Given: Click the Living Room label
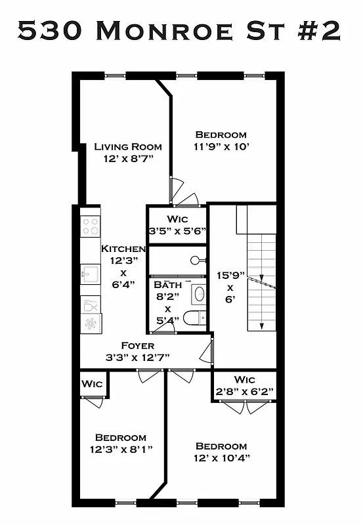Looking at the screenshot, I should [x=127, y=146].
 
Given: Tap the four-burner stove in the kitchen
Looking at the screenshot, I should [x=91, y=226].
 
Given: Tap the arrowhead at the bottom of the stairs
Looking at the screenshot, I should [x=261, y=324].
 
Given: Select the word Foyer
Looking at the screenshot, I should [x=138, y=345].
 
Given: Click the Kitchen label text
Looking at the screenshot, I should [x=123, y=249].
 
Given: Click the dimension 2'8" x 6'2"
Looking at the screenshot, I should [x=244, y=392].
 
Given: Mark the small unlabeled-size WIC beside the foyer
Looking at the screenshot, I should [x=92, y=384].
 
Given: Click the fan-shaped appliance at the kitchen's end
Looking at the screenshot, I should [x=91, y=323].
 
